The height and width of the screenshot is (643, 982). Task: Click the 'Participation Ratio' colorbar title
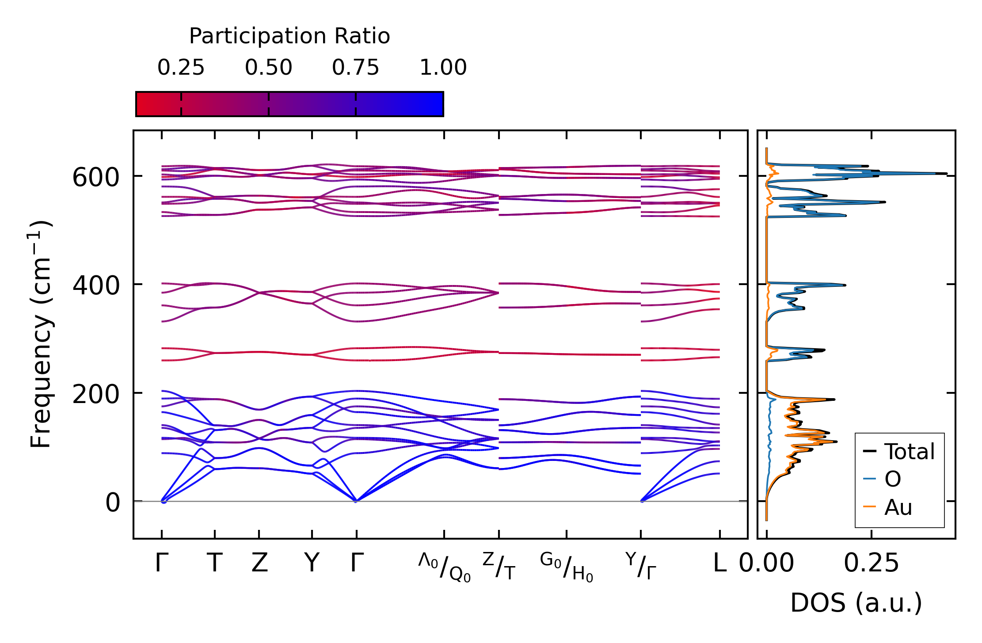click(x=289, y=36)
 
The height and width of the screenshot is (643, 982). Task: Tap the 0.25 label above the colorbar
click(x=181, y=68)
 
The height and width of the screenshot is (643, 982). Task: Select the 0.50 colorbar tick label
click(x=268, y=68)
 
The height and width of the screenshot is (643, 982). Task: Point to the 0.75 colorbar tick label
click(x=355, y=68)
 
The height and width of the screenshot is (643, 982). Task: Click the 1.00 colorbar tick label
click(x=443, y=68)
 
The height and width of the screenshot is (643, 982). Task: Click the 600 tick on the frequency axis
click(x=96, y=178)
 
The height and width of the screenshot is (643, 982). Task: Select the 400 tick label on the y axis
click(x=96, y=286)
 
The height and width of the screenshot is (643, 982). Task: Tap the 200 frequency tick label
click(x=96, y=394)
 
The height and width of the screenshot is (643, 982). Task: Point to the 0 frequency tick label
click(x=112, y=503)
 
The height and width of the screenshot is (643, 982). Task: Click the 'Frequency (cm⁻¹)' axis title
click(x=41, y=335)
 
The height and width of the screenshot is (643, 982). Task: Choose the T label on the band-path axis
click(x=214, y=563)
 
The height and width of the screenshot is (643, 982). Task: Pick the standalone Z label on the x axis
click(x=259, y=563)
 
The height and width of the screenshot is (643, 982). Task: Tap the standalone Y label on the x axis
click(x=312, y=563)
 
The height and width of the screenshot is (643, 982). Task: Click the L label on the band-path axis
click(x=719, y=563)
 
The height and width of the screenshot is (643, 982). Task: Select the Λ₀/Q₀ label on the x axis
click(x=444, y=567)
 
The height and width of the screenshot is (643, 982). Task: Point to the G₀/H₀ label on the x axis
click(x=566, y=567)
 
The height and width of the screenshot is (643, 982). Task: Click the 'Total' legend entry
click(x=909, y=452)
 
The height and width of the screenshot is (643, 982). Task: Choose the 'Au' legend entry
click(x=898, y=507)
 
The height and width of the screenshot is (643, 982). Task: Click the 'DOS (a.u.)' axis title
click(x=856, y=603)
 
